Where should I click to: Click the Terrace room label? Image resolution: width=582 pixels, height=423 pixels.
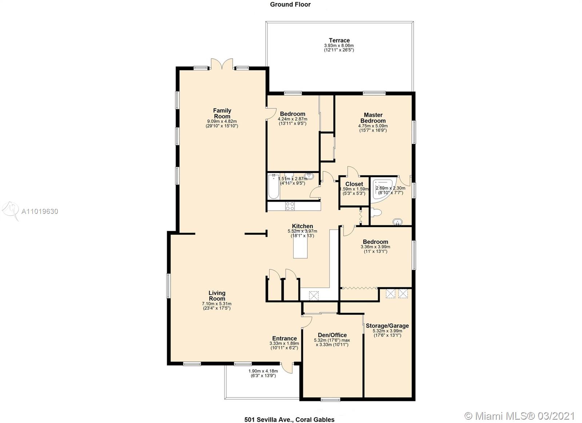[339, 40]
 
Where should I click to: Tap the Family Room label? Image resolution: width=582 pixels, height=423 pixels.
[222, 113]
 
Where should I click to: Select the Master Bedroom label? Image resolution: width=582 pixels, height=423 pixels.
[373, 118]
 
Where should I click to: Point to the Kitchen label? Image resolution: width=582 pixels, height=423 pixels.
[302, 226]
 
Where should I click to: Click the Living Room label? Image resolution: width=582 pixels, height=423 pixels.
[217, 296]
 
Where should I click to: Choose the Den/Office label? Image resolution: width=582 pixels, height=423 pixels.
[332, 335]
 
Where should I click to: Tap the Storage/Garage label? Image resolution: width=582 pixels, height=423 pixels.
[387, 326]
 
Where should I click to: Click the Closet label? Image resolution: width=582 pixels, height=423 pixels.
[354, 184]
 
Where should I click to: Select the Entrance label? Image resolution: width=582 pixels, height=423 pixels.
[284, 338]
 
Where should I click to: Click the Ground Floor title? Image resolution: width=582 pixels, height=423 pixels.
[290, 4]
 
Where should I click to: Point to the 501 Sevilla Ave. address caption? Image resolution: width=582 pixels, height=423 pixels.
[290, 412]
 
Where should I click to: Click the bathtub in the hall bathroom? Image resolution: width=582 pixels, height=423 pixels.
[274, 187]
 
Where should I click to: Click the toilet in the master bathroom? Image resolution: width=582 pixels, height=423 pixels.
[376, 212]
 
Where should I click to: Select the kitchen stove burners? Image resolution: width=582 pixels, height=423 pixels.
[290, 206]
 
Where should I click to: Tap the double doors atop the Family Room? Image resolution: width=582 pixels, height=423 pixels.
[222, 64]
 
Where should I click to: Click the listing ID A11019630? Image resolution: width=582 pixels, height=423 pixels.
[40, 212]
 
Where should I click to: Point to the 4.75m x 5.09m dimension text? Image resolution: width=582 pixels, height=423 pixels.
[373, 126]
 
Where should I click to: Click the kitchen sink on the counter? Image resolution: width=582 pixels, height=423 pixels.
[314, 296]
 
